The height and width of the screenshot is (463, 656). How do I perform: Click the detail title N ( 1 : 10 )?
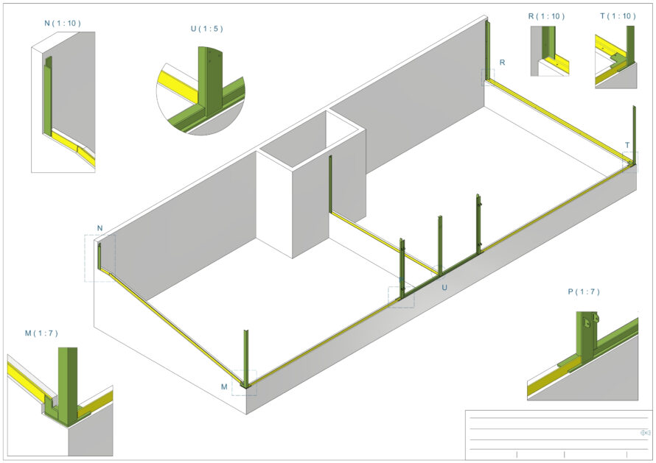pos(63,23)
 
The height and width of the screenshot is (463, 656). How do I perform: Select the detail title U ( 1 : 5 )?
pos(206,29)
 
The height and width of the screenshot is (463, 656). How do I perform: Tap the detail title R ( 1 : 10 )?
pos(546,16)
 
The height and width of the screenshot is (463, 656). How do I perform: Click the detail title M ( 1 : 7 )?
pos(41,333)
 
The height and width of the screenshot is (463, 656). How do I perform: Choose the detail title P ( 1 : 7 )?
pos(584,292)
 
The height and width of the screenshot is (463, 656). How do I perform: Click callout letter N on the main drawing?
pos(100,228)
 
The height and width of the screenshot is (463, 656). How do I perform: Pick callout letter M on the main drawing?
pos(224,386)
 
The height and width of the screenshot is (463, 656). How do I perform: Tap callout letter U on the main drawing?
pos(444,288)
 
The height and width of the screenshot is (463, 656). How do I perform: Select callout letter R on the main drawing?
pos(502,63)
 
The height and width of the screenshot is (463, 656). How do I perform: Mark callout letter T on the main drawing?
pos(627,145)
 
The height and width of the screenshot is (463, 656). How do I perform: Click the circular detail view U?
pos(201,91)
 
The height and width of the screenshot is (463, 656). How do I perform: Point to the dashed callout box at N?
pos(100,258)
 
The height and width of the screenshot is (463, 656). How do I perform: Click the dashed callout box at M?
pos(244,383)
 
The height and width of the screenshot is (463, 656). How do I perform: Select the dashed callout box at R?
pos(487,77)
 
